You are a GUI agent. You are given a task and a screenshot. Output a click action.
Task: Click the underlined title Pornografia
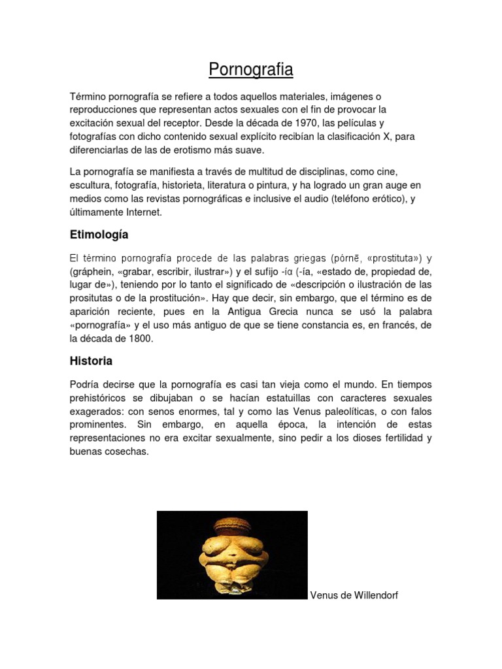[251, 69]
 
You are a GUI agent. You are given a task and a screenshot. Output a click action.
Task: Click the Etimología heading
[99, 235]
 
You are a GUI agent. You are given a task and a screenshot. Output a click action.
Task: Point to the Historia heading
[91, 361]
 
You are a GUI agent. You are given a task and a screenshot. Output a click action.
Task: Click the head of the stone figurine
[231, 526]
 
